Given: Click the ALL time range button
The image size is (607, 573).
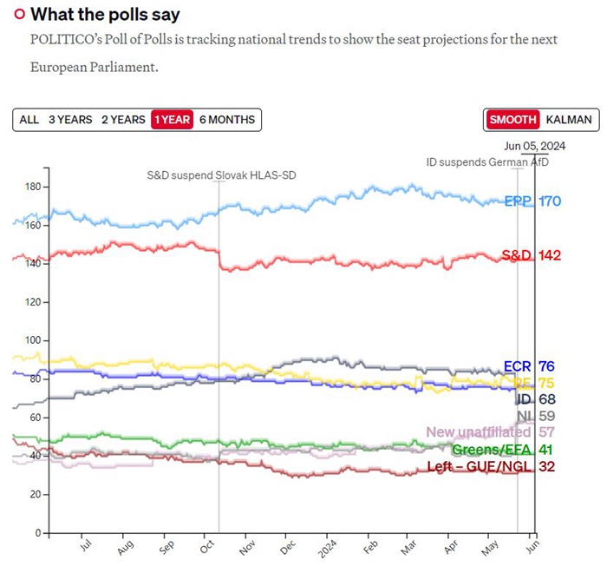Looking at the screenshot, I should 29,120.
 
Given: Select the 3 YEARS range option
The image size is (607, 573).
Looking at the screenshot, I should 70,120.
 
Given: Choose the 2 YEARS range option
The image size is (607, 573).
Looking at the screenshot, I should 123,120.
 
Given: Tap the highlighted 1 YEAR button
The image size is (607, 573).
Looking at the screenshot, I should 171,120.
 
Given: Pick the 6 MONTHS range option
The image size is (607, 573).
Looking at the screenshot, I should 227,120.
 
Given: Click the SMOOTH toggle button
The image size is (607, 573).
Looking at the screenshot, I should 512,120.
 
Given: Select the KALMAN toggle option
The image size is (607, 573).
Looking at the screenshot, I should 569,120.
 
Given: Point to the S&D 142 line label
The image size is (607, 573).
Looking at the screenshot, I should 532,255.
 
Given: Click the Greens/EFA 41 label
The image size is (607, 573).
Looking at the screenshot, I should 504,450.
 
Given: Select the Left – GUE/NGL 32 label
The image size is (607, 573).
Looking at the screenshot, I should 491,466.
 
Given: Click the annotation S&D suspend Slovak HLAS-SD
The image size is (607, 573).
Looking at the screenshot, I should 219,175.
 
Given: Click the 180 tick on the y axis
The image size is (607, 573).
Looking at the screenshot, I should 33,187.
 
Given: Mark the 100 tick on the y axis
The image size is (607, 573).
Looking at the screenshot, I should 33,340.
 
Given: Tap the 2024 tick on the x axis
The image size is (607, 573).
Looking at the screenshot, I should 327,549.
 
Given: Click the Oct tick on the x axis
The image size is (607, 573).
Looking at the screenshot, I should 208,549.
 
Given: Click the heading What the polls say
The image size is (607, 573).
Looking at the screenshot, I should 105,15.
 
